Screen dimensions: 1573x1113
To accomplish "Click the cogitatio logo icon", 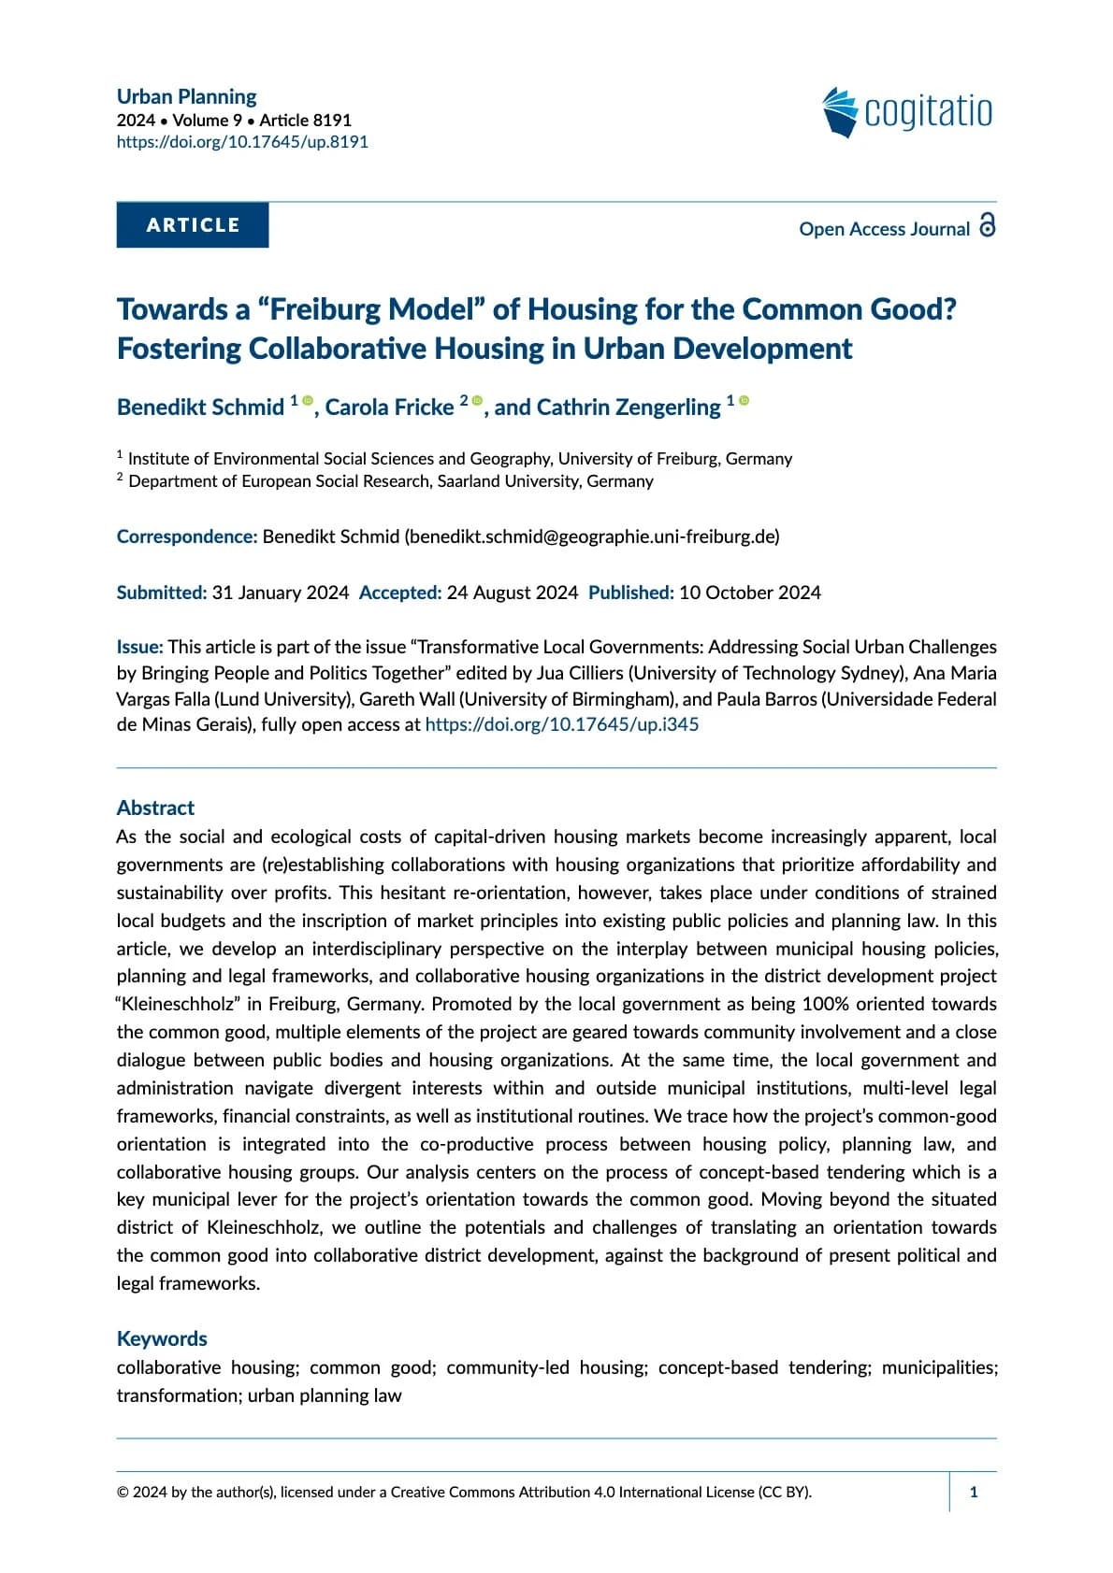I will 840,112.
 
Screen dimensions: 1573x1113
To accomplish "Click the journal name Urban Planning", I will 186,96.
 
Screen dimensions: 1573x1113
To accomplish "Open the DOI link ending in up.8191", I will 242,142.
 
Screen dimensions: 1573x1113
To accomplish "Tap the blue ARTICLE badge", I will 193,225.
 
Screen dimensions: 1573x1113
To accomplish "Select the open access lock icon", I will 987,225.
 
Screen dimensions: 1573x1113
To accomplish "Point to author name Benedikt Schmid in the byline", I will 200,408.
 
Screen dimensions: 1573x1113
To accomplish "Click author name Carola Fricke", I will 389,408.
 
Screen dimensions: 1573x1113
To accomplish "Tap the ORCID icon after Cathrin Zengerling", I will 744,401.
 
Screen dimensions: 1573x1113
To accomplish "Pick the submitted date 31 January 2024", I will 281,593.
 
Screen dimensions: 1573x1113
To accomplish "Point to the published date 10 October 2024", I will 750,593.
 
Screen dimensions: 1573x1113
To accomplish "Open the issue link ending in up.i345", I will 561,724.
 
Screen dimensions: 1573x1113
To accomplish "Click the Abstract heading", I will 155,808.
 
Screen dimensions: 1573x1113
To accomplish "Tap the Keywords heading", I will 162,1338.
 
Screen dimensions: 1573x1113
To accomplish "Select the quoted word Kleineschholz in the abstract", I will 180,1004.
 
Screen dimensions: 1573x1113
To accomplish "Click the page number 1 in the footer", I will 974,1492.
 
